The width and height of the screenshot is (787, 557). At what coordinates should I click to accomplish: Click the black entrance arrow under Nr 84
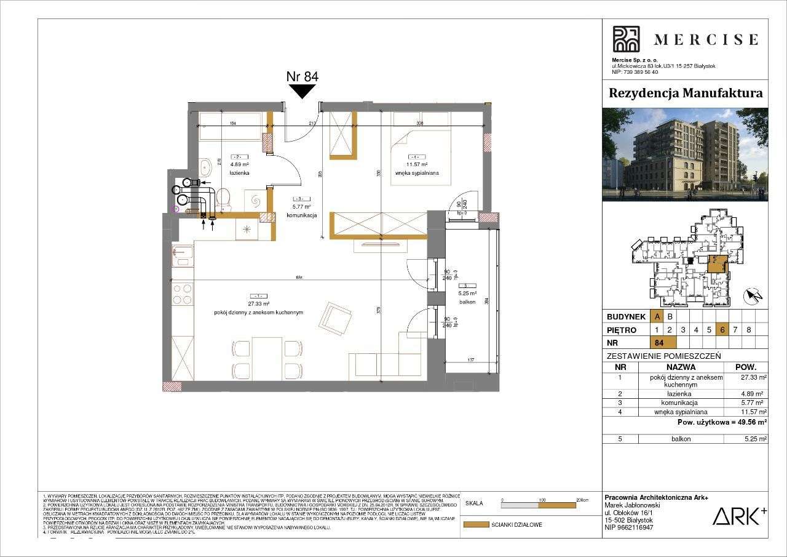pyautogui.click(x=302, y=91)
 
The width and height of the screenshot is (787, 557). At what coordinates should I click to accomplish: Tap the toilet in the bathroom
pyautogui.click(x=223, y=198)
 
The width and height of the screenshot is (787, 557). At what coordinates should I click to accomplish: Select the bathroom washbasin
pyautogui.click(x=205, y=167)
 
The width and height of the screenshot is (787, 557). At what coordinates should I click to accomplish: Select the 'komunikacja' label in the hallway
pyautogui.click(x=301, y=216)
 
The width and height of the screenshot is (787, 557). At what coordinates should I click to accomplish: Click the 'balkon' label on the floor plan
pyautogui.click(x=469, y=302)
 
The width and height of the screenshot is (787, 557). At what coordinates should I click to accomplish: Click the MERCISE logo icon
pyautogui.click(x=626, y=39)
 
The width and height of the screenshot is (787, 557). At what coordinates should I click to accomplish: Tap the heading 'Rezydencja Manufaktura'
pyautogui.click(x=685, y=93)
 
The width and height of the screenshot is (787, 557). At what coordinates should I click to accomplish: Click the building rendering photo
pyautogui.click(x=685, y=154)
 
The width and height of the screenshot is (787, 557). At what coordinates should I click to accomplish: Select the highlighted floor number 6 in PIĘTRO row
pyautogui.click(x=722, y=329)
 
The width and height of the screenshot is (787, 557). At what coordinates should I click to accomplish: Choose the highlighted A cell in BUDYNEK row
pyautogui.click(x=657, y=316)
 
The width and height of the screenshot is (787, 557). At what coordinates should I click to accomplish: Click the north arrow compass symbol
pyautogui.click(x=753, y=297)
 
